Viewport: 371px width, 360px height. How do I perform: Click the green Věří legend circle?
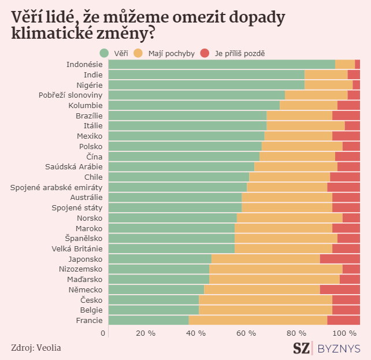[105, 53]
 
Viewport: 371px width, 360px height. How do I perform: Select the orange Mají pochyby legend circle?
[138, 53]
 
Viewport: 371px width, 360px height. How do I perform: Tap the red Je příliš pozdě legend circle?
[205, 53]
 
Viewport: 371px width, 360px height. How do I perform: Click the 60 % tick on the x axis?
[246, 333]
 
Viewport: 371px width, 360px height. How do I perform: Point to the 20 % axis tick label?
[146, 333]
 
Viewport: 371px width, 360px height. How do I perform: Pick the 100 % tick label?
[345, 333]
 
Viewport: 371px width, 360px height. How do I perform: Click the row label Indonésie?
[84, 64]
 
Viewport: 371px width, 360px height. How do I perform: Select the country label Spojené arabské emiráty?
[57, 187]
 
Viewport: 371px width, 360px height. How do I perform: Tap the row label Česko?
[91, 300]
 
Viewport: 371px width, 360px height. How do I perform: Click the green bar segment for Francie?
[149, 320]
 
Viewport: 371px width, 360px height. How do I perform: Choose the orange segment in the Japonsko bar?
[265, 259]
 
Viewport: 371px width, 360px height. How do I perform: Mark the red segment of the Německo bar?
[340, 290]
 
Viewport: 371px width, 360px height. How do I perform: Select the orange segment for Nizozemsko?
[276, 269]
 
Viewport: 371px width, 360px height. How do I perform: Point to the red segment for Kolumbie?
[348, 105]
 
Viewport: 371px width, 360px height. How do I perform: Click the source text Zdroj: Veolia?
[36, 347]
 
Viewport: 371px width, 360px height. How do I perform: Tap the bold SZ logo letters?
[300, 348]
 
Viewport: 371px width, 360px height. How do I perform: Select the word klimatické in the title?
[44, 34]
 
